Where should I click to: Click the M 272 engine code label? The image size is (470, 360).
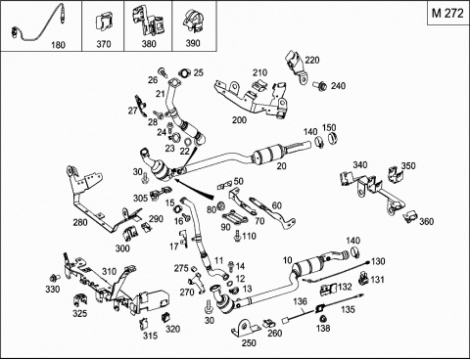447,14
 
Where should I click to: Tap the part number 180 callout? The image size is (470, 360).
58,45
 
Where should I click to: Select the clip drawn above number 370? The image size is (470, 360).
104,22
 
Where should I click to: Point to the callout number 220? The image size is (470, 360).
312,60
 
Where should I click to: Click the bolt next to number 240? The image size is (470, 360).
320,85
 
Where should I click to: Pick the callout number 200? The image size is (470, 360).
239,120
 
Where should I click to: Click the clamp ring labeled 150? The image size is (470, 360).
332,138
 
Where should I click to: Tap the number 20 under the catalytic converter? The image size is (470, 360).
281,166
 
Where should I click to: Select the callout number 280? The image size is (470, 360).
80,222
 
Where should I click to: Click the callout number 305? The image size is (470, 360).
140,198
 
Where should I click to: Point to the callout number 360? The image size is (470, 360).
426,221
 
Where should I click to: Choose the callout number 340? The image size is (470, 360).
359,165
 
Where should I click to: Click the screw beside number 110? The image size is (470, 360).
237,236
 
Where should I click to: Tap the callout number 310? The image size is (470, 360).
109,271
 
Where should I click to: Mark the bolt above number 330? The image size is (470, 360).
54,278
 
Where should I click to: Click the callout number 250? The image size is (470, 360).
249,342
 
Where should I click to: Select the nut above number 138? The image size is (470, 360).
323,319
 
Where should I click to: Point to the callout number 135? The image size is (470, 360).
348,309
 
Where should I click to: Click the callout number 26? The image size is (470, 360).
153,80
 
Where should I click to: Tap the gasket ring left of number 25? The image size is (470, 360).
185,73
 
